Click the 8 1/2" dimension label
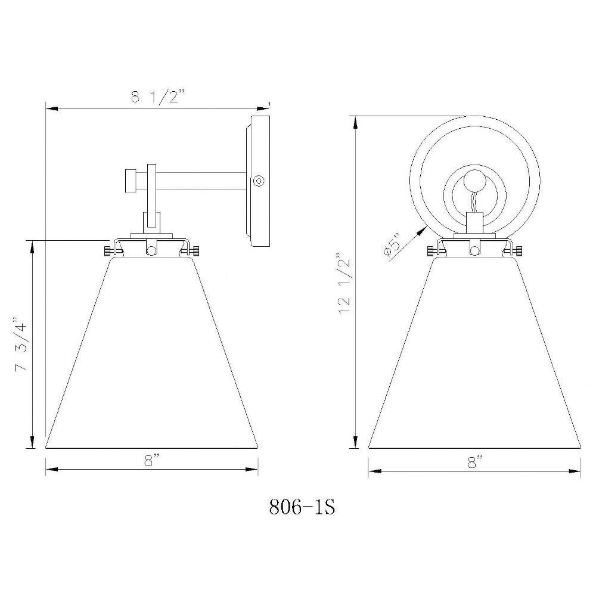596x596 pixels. coord(158,97)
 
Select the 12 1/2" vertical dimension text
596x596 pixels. coord(344,281)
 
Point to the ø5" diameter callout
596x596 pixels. coord(391,246)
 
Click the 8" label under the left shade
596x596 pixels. coord(151,461)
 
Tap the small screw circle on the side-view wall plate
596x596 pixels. coord(259,181)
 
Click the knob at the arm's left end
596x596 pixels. coord(131,181)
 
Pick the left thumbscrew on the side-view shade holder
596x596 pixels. coord(110,251)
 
